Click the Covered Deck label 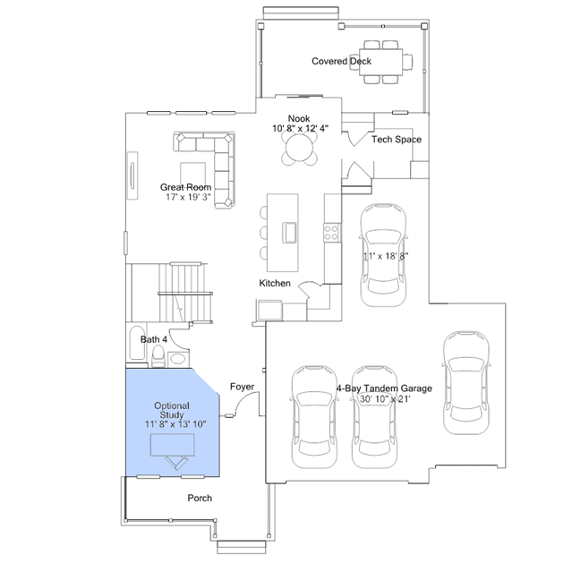(x=341, y=61)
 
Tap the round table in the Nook (x=299, y=148)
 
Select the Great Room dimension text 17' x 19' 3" (x=188, y=197)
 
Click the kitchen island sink (x=290, y=233)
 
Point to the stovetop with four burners (x=332, y=233)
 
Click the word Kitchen (x=275, y=283)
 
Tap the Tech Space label (x=397, y=140)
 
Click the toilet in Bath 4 (x=158, y=356)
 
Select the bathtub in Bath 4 (x=137, y=343)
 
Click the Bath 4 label (x=154, y=339)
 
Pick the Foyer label (x=242, y=387)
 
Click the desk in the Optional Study (x=173, y=445)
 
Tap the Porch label (x=200, y=498)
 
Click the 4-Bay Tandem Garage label (x=384, y=388)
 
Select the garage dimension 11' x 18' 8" (x=386, y=256)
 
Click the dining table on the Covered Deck (x=381, y=62)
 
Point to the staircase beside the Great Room (x=185, y=293)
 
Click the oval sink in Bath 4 (x=177, y=359)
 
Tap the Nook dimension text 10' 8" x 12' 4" (x=300, y=128)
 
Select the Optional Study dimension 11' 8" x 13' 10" (x=175, y=424)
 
